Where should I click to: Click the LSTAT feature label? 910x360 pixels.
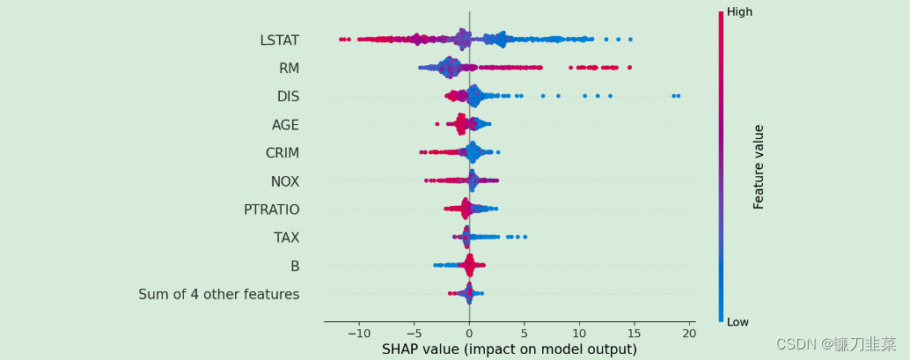pyautogui.click(x=279, y=40)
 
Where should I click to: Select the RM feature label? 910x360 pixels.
pyautogui.click(x=289, y=69)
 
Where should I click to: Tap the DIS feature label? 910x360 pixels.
pyautogui.click(x=288, y=97)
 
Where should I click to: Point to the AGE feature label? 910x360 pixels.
pyautogui.click(x=285, y=125)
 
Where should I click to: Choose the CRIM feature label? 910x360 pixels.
pyautogui.click(x=282, y=153)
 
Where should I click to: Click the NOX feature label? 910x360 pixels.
pyautogui.click(x=284, y=181)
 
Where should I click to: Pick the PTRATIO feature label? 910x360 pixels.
pyautogui.click(x=271, y=209)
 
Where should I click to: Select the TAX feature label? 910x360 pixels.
pyautogui.click(x=286, y=238)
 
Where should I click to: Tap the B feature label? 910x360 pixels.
pyautogui.click(x=295, y=266)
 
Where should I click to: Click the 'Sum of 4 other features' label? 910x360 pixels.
pyautogui.click(x=218, y=294)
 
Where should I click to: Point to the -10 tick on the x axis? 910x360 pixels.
pyautogui.click(x=358, y=334)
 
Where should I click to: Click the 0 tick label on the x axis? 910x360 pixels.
pyautogui.click(x=469, y=334)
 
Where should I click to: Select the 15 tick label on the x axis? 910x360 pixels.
pyautogui.click(x=634, y=334)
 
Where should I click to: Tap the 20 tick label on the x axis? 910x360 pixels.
pyautogui.click(x=688, y=334)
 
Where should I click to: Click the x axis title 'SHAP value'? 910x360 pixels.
pyautogui.click(x=509, y=349)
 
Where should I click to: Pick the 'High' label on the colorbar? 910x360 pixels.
pyautogui.click(x=739, y=12)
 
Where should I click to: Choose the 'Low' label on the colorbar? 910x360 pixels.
pyautogui.click(x=738, y=322)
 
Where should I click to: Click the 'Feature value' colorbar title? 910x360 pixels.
pyautogui.click(x=759, y=166)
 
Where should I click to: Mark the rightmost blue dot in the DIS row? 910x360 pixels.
pyautogui.click(x=678, y=96)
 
